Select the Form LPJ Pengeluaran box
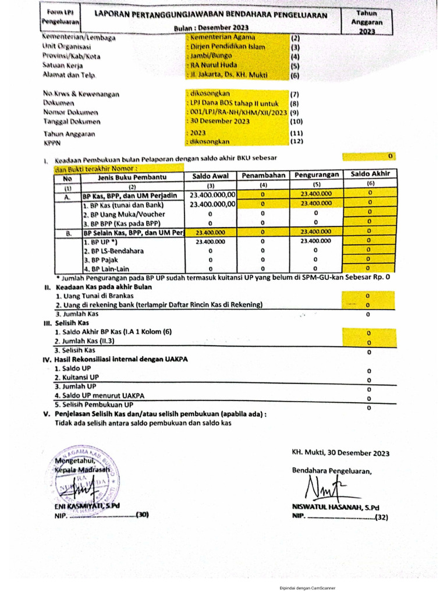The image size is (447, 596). click(x=61, y=17)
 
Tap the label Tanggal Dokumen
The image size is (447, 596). click(x=72, y=122)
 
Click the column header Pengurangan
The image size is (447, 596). click(x=316, y=175)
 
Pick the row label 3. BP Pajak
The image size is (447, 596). click(x=102, y=260)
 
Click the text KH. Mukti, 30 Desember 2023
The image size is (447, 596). click(x=340, y=453)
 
